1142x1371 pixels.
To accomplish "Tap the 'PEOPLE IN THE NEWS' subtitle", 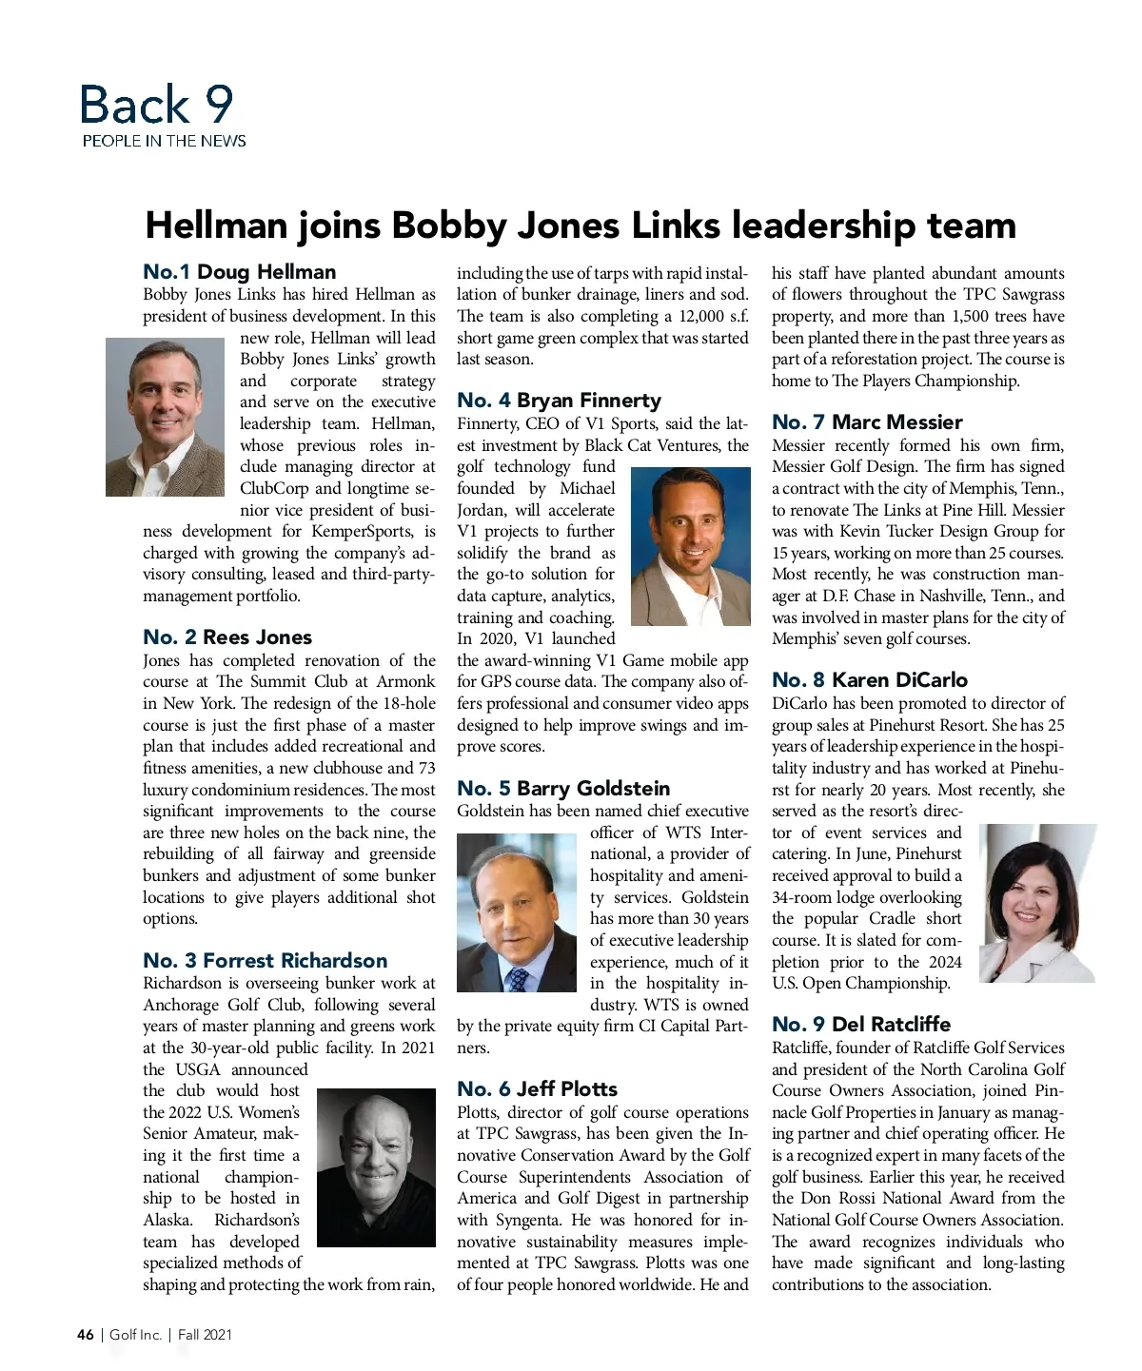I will tap(164, 141).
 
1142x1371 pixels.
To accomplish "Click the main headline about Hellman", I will tap(581, 225).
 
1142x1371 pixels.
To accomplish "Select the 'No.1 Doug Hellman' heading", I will tap(239, 271).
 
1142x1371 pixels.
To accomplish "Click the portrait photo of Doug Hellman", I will tap(166, 416).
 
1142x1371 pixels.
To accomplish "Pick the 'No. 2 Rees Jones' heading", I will tap(227, 637).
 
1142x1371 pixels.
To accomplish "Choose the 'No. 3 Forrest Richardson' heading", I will tap(266, 960).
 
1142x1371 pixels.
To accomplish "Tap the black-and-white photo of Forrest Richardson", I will tap(376, 1167).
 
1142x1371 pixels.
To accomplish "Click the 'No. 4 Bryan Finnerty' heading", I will tap(559, 400).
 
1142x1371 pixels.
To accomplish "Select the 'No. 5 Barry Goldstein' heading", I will tap(563, 788).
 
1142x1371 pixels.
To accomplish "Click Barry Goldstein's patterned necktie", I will tap(519, 978).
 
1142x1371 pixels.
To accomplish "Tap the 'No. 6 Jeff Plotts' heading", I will tap(537, 1088).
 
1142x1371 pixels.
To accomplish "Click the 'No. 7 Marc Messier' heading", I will tap(867, 421).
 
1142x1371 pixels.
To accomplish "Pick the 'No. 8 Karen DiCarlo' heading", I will tap(870, 679).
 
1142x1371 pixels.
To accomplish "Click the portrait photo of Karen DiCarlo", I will tap(1037, 903).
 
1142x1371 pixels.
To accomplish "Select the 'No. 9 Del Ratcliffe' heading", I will tap(861, 1024).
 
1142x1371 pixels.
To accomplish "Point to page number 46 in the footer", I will tap(86, 1335).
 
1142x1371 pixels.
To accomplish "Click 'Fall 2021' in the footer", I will tap(205, 1335).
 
